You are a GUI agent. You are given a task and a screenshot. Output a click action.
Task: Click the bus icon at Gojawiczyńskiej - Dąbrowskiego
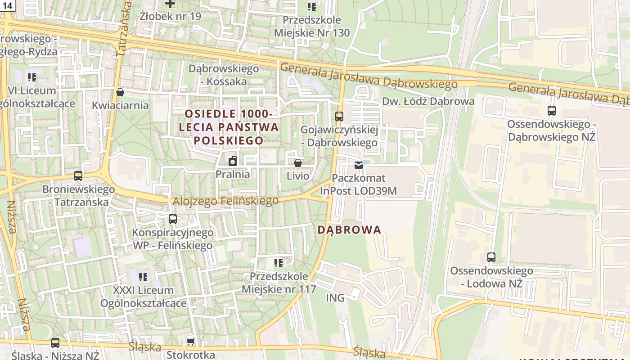click(x=339, y=117)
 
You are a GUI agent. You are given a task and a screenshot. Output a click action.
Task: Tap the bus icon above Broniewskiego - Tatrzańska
click(x=78, y=176)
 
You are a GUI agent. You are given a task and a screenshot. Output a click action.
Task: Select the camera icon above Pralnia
click(x=233, y=161)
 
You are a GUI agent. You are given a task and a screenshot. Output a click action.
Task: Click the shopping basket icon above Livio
click(x=297, y=162)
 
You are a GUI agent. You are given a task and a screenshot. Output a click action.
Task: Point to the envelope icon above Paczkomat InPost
click(x=359, y=165)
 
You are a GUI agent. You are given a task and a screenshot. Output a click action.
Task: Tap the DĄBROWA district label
click(x=349, y=230)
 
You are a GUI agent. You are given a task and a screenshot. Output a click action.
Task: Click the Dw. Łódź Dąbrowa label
click(x=428, y=101)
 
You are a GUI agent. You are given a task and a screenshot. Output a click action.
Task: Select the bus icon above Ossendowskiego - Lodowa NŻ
click(x=491, y=257)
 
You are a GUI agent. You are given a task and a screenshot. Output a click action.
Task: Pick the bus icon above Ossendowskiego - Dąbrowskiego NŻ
click(x=552, y=110)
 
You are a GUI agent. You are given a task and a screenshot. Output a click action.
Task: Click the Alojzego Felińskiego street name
click(x=226, y=201)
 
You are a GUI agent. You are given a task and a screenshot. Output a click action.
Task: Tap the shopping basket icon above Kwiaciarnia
click(x=120, y=92)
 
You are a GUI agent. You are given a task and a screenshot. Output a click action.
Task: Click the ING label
click(x=335, y=298)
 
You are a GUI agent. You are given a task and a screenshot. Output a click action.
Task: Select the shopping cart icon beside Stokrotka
click(x=190, y=342)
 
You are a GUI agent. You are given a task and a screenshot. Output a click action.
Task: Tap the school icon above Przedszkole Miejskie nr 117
click(x=279, y=263)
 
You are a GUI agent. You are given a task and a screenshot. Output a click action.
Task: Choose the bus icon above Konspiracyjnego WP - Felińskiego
click(x=172, y=219)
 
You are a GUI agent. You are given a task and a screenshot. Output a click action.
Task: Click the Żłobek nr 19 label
click(x=170, y=16)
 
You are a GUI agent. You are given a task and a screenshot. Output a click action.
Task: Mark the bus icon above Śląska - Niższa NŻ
click(x=55, y=343)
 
